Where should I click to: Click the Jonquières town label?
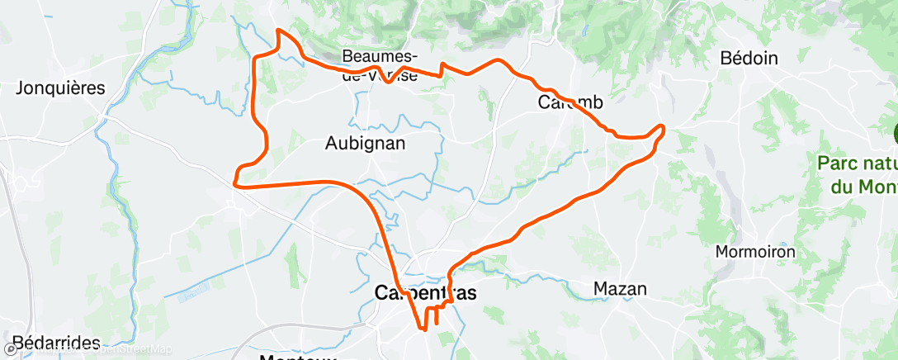(61, 88)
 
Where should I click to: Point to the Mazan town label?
(620, 289)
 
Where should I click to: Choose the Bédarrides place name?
(55, 343)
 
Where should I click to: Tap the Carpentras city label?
(425, 292)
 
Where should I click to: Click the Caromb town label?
(570, 102)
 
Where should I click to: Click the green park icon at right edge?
(895, 132)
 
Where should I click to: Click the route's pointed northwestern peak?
(279, 31)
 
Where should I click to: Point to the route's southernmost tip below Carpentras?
(425, 330)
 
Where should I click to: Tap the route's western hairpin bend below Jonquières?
(236, 176)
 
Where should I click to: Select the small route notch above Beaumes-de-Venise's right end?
(442, 64)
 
